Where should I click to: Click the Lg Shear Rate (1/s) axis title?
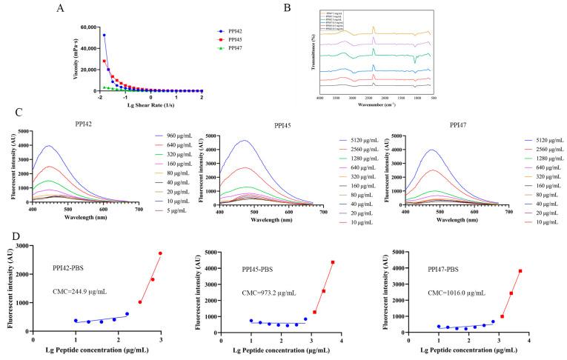[150, 104]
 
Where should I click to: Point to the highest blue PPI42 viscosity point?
[105, 35]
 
